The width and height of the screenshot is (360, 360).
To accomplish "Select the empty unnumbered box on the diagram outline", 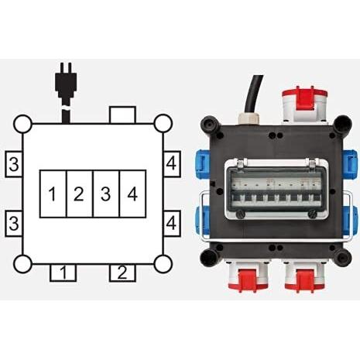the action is coord(122,115).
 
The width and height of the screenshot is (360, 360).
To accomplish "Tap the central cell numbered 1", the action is coord(53,194).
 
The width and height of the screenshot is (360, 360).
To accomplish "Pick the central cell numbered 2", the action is coord(80,194).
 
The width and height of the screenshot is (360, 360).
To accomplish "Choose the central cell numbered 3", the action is coord(106,194).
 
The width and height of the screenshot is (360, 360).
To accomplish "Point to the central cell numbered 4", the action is coord(133,194).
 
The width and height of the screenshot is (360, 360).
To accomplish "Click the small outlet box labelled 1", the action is coord(63,273).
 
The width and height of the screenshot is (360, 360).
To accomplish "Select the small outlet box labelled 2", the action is coord(122,273).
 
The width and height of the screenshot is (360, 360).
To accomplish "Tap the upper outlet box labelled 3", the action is coord(14,164).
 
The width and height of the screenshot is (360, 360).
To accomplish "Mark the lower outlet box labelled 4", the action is coord(172,223).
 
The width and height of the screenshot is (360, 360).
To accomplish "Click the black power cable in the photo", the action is coord(254,94).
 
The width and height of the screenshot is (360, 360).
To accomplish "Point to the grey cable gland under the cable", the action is coord(249,118).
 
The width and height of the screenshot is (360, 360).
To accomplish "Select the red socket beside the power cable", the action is coord(302,105).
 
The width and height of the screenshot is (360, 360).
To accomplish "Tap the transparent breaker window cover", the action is coord(276,190).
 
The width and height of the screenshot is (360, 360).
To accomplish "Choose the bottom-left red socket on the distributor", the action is coord(246,277).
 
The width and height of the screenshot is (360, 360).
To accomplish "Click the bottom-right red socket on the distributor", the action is coord(304,277).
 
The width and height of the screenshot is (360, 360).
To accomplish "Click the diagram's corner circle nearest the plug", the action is coord(22,124).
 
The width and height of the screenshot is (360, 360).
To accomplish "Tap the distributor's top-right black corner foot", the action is coord(342,125).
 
